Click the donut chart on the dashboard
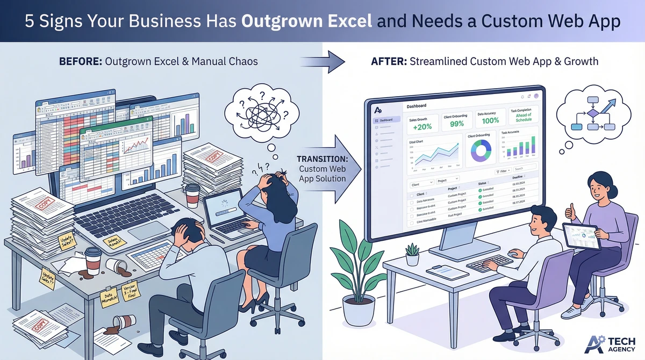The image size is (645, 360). [481, 152]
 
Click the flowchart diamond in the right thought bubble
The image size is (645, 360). [591, 113]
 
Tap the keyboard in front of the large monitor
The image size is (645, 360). [489, 262]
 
